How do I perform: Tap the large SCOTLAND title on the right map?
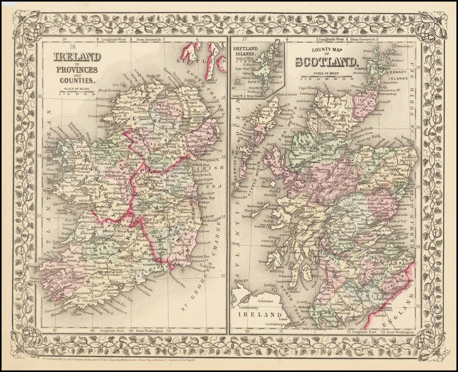point(327,62)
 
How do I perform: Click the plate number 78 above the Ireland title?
point(73,47)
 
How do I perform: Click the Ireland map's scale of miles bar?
point(77,91)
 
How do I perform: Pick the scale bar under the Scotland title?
point(325,77)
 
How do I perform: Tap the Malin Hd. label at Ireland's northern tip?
point(153,77)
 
